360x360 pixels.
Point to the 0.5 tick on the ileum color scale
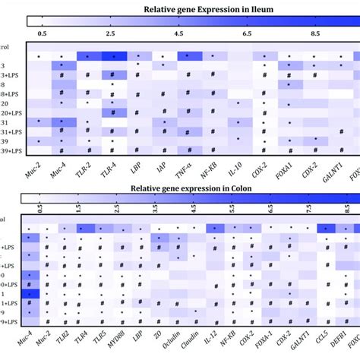(x=44, y=35)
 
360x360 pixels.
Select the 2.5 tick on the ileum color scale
(x=111, y=35)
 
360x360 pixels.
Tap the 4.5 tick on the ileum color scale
(x=178, y=35)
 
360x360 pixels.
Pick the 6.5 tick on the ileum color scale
(x=246, y=35)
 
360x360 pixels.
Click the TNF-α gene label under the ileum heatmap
(x=185, y=161)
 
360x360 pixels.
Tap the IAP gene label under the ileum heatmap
(x=161, y=161)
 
